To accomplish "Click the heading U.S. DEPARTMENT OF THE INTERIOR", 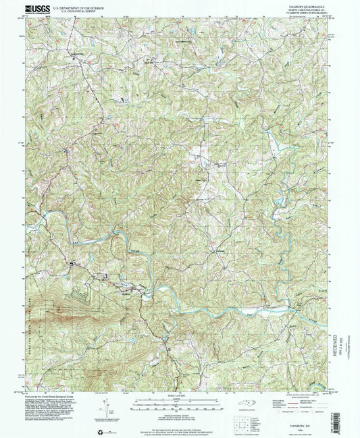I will point(82,7).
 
